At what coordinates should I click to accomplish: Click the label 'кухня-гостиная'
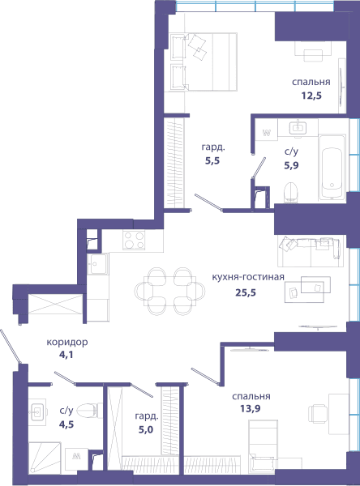pyautogui.click(x=248, y=276)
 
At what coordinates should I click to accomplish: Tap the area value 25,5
pyautogui.click(x=246, y=292)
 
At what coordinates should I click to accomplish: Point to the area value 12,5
pyautogui.click(x=311, y=96)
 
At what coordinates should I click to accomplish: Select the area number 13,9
pyautogui.click(x=251, y=409)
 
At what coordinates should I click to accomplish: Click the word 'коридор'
pyautogui.click(x=67, y=343)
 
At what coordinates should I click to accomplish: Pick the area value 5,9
pyautogui.click(x=291, y=165)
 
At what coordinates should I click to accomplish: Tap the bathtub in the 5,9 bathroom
pyautogui.click(x=332, y=168)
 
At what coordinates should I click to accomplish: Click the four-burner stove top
pyautogui.click(x=134, y=240)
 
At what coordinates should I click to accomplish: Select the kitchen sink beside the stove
pyautogui.click(x=98, y=264)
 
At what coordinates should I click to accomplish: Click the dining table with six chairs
pyautogui.click(x=169, y=292)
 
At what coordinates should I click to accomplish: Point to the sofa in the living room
pyautogui.click(x=311, y=251)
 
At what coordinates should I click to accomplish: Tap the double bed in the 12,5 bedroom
pyautogui.click(x=204, y=62)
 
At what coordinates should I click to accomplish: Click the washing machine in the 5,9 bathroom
pyautogui.click(x=266, y=134)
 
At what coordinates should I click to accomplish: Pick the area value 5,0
pyautogui.click(x=146, y=430)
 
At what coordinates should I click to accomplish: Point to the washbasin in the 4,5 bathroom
pyautogui.click(x=38, y=412)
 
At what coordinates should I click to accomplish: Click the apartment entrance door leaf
pyautogui.click(x=11, y=347)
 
